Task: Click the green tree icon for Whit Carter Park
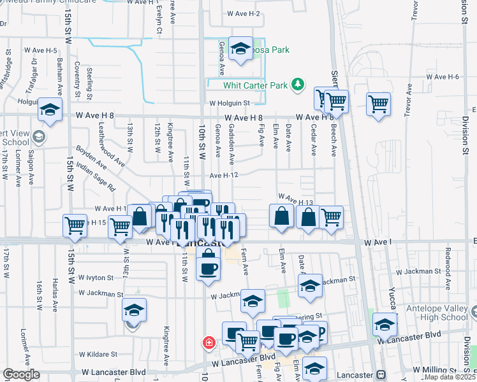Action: coord(297,84)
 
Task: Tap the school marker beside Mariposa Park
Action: coord(240,49)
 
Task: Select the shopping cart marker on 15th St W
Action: coord(75,225)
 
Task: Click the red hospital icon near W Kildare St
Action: coord(208,343)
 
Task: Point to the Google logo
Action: coord(20,375)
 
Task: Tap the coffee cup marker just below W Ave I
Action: coord(208,268)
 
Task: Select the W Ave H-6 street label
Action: coord(443,76)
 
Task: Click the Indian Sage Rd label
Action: coord(95,178)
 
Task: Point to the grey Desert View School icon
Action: coord(39,136)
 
